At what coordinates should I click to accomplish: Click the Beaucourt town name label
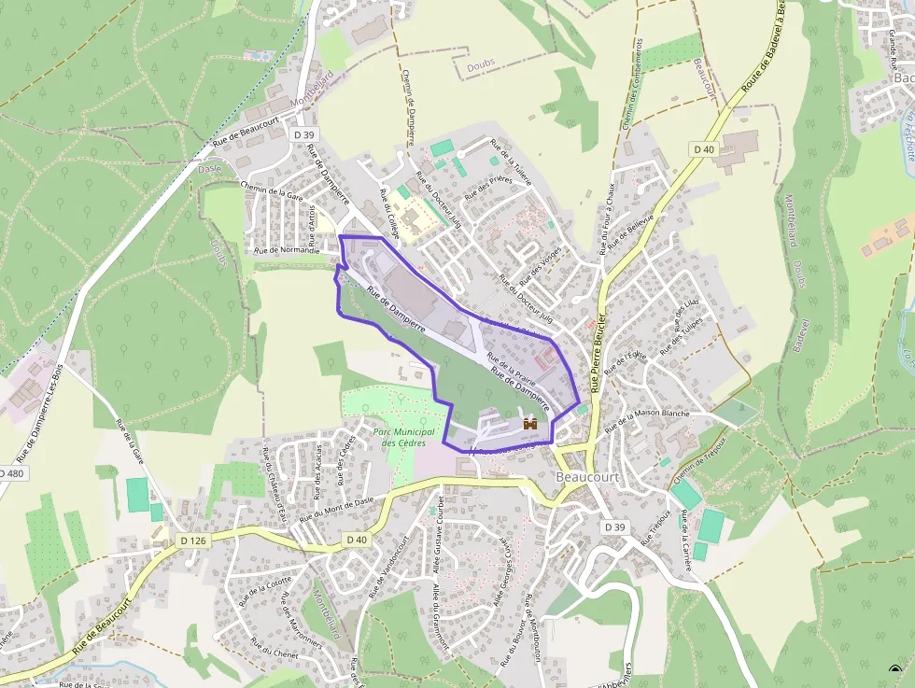586,477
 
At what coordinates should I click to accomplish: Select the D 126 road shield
193,541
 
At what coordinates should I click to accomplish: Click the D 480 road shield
10,473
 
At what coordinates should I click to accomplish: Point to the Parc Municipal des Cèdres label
404,437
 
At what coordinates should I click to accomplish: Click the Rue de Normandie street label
287,250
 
